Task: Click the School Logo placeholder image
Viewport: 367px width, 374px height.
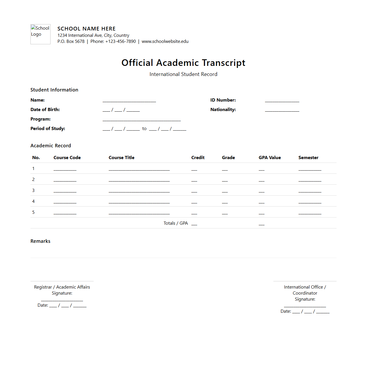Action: pyautogui.click(x=40, y=34)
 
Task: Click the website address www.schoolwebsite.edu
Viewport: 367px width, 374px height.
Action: pyautogui.click(x=165, y=41)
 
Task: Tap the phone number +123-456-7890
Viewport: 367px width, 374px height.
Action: pyautogui.click(x=121, y=41)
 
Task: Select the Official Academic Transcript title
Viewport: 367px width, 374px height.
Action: pyautogui.click(x=183, y=63)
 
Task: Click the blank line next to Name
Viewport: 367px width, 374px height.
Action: pyautogui.click(x=129, y=100)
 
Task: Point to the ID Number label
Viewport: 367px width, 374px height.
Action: pyautogui.click(x=223, y=100)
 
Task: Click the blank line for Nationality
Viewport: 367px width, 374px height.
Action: pyautogui.click(x=282, y=110)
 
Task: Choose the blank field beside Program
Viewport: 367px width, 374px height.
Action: pyautogui.click(x=142, y=119)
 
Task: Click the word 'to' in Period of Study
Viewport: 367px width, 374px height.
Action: pyautogui.click(x=144, y=129)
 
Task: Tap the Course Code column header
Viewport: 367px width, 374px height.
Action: pyautogui.click(x=67, y=158)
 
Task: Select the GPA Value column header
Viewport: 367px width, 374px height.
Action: pyautogui.click(x=270, y=158)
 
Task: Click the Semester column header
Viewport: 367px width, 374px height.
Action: pyautogui.click(x=308, y=158)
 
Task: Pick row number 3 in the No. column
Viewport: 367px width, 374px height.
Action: pyautogui.click(x=33, y=190)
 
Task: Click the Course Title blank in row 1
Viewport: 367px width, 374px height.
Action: pyautogui.click(x=139, y=169)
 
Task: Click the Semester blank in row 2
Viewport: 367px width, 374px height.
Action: pyautogui.click(x=310, y=180)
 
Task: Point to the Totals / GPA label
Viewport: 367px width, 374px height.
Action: pyautogui.click(x=175, y=223)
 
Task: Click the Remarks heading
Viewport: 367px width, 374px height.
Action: pyautogui.click(x=40, y=241)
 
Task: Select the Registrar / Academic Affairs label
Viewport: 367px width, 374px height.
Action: pyautogui.click(x=62, y=287)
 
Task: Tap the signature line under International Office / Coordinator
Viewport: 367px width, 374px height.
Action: pyautogui.click(x=305, y=306)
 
